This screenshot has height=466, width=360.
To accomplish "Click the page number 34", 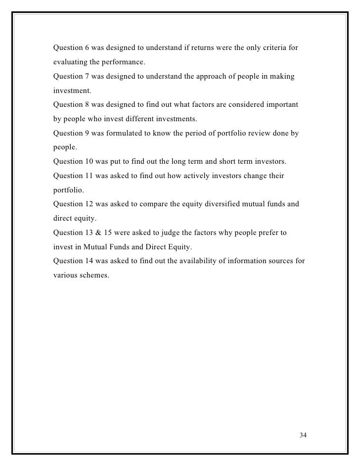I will [x=303, y=435].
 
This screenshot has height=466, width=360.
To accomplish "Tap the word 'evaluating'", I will [x=69, y=63].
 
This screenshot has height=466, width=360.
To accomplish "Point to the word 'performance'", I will [x=123, y=63].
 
